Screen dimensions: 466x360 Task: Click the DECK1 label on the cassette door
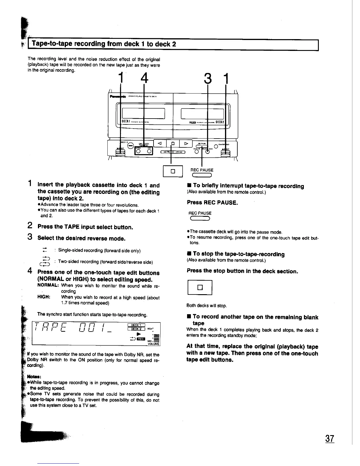[126, 122]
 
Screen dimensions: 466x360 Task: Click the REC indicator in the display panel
[141, 339]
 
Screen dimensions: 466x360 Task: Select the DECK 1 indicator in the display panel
[136, 325]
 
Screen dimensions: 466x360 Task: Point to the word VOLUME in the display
[154, 344]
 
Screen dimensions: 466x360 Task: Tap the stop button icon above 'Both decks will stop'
[200, 287]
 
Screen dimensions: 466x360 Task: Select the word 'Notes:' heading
[33, 376]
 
